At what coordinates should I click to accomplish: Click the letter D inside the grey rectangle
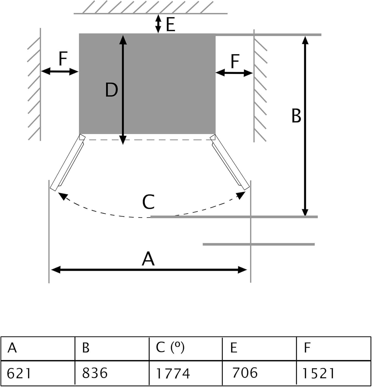111,90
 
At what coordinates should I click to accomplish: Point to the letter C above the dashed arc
149,202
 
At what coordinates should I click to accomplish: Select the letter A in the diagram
148,259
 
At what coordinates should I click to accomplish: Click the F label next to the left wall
63,59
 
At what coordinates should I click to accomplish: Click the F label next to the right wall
235,61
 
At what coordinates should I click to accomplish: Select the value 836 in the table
95,373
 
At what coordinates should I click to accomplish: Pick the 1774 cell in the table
173,373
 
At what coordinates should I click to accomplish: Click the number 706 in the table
245,373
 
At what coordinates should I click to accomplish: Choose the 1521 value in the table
318,373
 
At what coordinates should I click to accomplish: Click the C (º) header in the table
170,347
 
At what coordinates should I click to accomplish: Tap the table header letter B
86,348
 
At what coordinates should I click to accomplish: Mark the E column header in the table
234,348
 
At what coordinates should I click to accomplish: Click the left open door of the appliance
67,163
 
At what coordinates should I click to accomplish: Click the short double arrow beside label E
158,24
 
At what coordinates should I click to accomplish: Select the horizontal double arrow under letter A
149,270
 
